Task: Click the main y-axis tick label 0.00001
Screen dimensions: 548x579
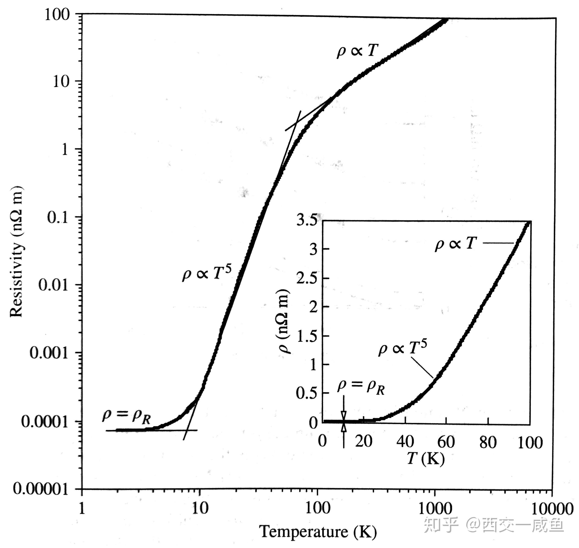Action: pos(41,489)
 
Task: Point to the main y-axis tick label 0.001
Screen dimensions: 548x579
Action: pos(49,353)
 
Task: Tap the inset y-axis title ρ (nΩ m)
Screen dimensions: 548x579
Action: pos(283,321)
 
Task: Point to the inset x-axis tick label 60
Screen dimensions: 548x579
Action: pos(446,442)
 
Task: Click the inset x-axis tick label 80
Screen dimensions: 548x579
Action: pos(488,442)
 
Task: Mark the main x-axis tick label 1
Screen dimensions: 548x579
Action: pos(82,509)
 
